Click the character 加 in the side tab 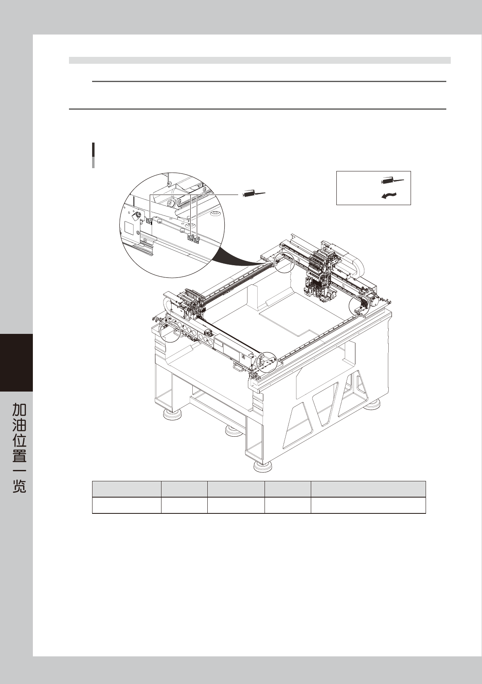pyautogui.click(x=19, y=410)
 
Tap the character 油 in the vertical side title pyautogui.click(x=19, y=425)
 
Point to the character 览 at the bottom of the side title pyautogui.click(x=19, y=486)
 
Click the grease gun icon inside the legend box pyautogui.click(x=392, y=181)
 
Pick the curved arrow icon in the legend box pyautogui.click(x=389, y=196)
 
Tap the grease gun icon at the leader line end pyautogui.click(x=254, y=194)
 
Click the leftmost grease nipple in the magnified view pyautogui.click(x=149, y=221)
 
